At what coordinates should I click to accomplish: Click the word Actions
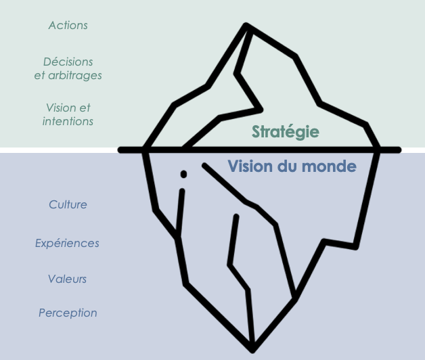[68, 26]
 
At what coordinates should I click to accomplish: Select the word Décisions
[68, 62]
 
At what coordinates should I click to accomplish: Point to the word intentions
[68, 122]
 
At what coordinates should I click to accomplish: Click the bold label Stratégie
[285, 132]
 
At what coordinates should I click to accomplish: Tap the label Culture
[68, 204]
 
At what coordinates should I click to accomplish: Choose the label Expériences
[67, 243]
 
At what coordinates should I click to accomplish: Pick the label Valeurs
[68, 279]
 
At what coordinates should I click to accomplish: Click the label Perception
[68, 313]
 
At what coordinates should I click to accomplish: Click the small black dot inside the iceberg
[183, 174]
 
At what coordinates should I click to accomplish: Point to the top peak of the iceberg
[246, 26]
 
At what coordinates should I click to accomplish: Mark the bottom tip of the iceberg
[252, 349]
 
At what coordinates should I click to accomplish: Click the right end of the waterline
[399, 150]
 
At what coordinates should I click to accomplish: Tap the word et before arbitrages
[39, 75]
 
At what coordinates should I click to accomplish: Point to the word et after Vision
[84, 108]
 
